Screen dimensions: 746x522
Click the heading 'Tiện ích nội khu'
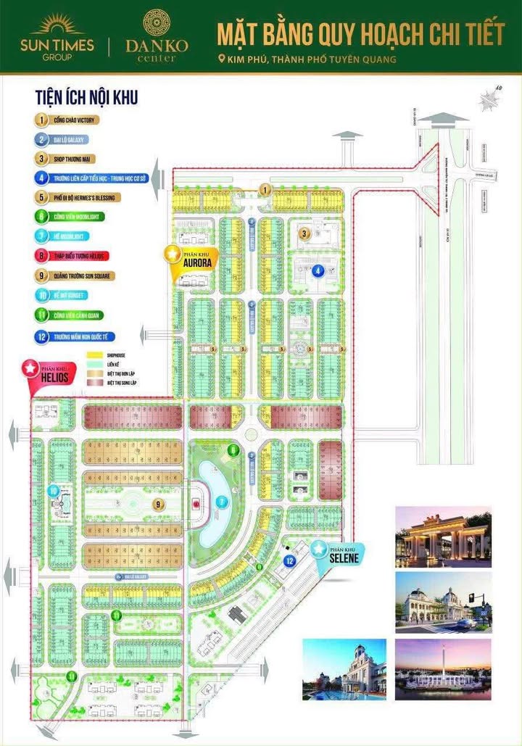pyautogui.click(x=86, y=96)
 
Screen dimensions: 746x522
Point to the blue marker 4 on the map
pyautogui.click(x=318, y=272)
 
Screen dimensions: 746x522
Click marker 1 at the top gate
pyautogui.click(x=266, y=190)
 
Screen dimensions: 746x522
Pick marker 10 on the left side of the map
pyautogui.click(x=53, y=491)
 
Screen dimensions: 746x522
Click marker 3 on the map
pyautogui.click(x=305, y=233)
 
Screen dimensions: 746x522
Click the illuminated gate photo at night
pyautogui.click(x=443, y=536)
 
